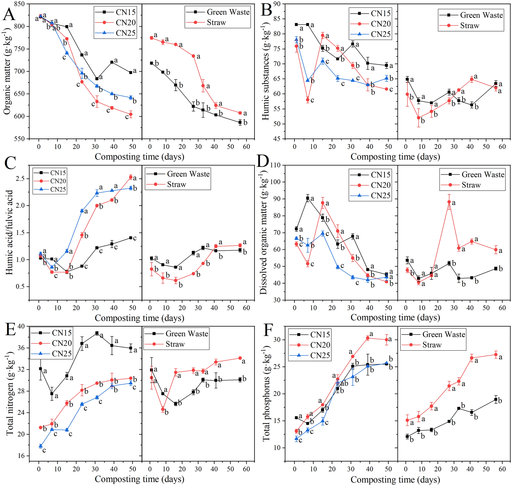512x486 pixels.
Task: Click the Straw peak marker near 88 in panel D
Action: coord(449,202)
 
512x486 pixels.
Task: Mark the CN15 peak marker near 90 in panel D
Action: coord(308,198)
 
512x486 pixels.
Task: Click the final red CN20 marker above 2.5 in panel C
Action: coord(131,177)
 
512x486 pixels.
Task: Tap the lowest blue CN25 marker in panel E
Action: coord(41,446)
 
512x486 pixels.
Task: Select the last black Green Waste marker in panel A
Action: coord(240,123)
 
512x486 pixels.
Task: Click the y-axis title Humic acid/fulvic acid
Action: coord(9,232)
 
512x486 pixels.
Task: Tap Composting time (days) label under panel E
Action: coord(139,479)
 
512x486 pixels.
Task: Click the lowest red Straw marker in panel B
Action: coord(419,118)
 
